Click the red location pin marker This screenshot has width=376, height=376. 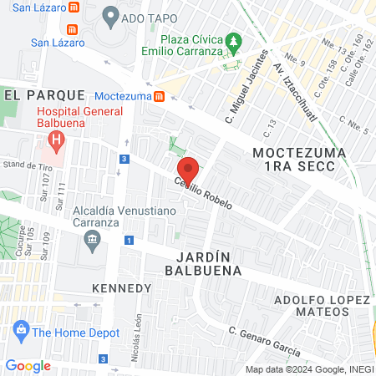pyautogui.click(x=189, y=170)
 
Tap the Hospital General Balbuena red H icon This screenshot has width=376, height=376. pyautogui.click(x=57, y=139)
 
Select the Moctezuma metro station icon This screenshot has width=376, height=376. pyautogui.click(x=159, y=96)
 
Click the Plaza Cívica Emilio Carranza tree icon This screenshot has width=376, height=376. pyautogui.click(x=236, y=39)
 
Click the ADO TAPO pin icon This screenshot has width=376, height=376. pyautogui.click(x=110, y=16)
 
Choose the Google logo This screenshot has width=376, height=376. pyautogui.click(x=28, y=365)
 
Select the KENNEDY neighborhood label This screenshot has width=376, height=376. pyautogui.click(x=122, y=287)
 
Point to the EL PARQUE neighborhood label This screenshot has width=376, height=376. pyautogui.click(x=44, y=95)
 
